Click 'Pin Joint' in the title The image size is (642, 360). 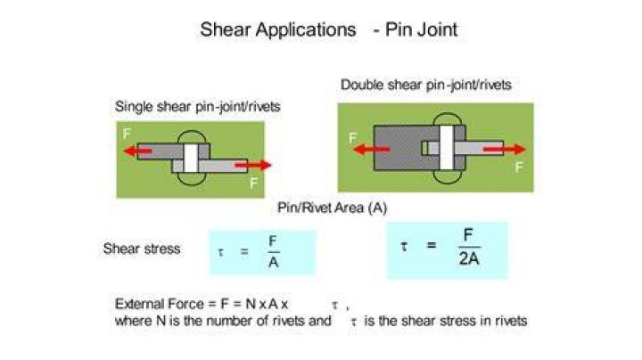(x=421, y=29)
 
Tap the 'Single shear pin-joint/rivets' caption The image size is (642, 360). (x=197, y=106)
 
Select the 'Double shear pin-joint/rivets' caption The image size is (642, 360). (x=426, y=85)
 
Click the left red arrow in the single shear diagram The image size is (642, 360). (x=137, y=151)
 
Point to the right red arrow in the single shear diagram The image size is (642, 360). (x=253, y=165)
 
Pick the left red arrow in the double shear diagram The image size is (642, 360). (x=371, y=150)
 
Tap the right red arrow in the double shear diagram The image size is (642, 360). (x=504, y=150)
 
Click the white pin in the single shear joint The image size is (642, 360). (x=191, y=159)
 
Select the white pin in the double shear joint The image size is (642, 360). (x=447, y=147)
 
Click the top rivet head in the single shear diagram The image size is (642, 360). (x=191, y=137)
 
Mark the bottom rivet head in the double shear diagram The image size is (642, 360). (x=447, y=176)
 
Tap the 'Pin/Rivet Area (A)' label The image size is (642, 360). (x=332, y=208)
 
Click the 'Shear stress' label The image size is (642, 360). (x=142, y=249)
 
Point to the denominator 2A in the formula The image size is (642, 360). (x=469, y=259)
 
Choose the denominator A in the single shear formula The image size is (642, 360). (x=273, y=262)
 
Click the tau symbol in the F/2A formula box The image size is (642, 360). (x=404, y=246)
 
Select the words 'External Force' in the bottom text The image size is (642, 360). (x=160, y=304)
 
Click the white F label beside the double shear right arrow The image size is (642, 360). (x=519, y=167)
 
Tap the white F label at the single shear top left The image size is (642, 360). (x=127, y=134)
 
